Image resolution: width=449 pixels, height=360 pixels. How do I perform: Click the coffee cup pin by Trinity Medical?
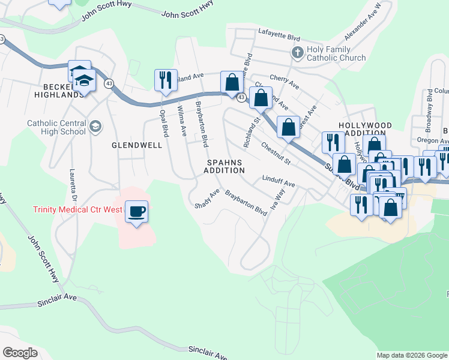click(x=137, y=212)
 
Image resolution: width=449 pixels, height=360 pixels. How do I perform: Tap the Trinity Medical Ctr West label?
click(x=77, y=210)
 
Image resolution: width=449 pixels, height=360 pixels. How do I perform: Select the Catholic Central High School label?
click(x=56, y=127)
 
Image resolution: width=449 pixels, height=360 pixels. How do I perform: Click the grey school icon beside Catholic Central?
click(x=95, y=126)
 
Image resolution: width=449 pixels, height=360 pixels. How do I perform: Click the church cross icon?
click(x=297, y=53)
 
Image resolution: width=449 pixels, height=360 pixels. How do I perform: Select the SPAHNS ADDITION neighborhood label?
click(x=225, y=166)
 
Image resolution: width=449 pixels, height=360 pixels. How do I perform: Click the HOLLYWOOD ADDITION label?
click(x=365, y=130)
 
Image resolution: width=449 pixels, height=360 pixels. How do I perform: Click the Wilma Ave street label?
click(x=181, y=121)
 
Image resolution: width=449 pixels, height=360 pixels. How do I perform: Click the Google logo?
click(x=20, y=353)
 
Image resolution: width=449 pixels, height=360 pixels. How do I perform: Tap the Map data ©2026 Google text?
click(x=411, y=355)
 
